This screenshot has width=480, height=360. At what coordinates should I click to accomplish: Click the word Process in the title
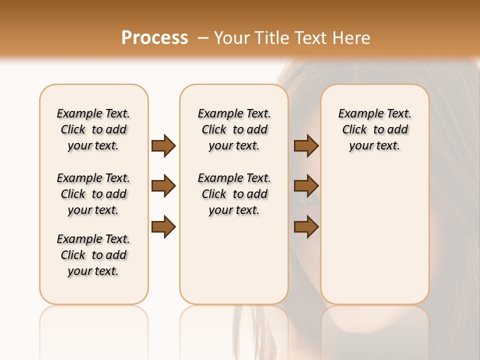(x=154, y=38)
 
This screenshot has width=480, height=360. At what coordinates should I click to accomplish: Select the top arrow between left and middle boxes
(x=163, y=145)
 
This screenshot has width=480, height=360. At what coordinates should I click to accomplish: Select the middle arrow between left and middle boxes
(x=163, y=186)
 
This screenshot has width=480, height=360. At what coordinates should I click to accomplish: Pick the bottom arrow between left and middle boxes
(x=163, y=227)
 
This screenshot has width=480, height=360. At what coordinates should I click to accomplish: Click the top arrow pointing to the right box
(x=306, y=145)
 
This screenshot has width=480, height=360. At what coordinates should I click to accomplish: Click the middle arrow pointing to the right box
(x=306, y=186)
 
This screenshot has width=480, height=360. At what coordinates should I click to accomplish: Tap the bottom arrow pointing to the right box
(x=306, y=227)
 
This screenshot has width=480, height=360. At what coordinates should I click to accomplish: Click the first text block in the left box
(x=93, y=129)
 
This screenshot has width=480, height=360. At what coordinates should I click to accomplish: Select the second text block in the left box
(x=93, y=194)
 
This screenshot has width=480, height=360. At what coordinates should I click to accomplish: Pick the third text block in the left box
(x=93, y=255)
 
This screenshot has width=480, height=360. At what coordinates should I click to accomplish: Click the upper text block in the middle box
(x=234, y=129)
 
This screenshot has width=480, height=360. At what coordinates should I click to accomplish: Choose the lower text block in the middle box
(x=234, y=194)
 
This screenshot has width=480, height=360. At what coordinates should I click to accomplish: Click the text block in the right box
(x=374, y=129)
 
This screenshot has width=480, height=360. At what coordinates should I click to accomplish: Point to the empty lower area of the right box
(x=374, y=240)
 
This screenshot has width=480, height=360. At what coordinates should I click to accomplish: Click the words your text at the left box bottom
(x=93, y=271)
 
